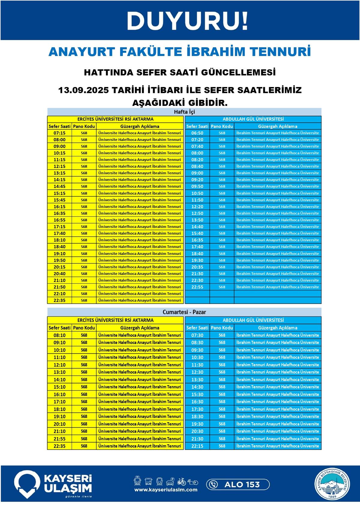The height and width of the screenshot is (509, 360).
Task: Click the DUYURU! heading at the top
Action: (187, 21)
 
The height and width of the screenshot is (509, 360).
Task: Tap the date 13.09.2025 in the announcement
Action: (83, 90)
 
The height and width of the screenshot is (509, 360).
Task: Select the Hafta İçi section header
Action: (184, 112)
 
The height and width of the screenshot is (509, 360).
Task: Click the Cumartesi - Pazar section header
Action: (184, 312)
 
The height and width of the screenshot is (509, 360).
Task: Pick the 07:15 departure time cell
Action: (59, 133)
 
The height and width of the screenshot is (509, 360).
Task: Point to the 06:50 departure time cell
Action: (197, 133)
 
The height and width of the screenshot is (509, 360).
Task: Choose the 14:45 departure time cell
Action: (59, 186)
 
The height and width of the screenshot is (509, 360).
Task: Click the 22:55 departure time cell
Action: (197, 287)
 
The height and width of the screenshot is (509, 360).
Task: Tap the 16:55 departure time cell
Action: (59, 220)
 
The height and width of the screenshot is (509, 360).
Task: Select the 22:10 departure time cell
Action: (59, 294)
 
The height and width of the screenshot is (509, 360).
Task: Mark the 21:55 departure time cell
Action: (59, 439)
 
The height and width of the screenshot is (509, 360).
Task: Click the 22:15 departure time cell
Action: (197, 446)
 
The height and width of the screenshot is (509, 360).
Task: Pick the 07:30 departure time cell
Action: (197, 335)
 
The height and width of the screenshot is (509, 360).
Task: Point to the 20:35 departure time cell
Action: (197, 267)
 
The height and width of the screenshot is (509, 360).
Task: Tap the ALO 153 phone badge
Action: (238, 484)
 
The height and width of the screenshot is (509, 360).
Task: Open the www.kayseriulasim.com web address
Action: (166, 490)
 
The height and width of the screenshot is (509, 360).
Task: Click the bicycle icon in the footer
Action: (181, 481)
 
